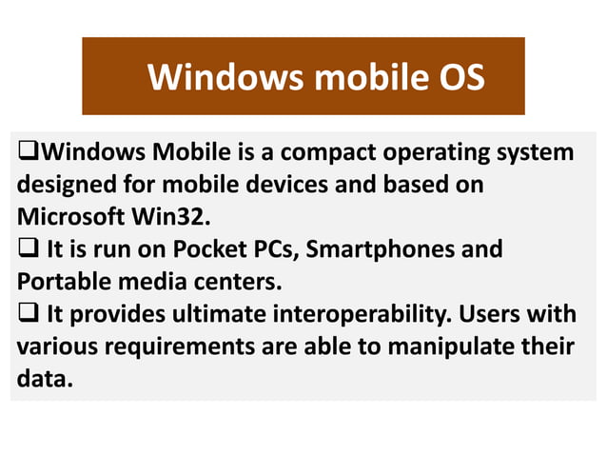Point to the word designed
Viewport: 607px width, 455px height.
click(x=65, y=185)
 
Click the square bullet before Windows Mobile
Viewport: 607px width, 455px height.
click(x=26, y=152)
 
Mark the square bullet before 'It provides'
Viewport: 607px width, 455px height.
click(x=26, y=315)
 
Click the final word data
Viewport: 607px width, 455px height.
click(x=43, y=380)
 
